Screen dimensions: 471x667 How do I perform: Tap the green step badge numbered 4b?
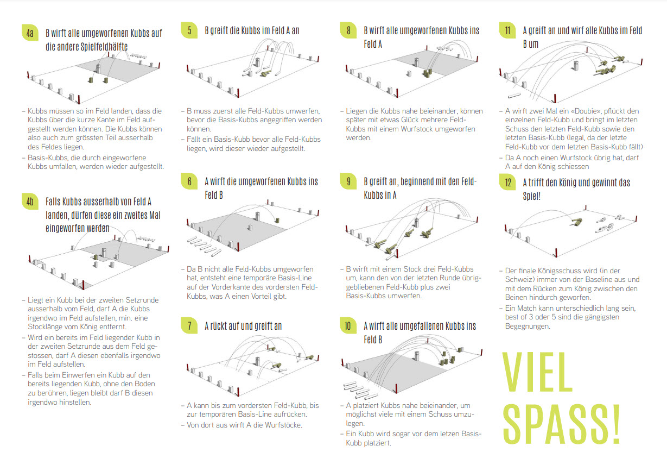[x=30, y=202]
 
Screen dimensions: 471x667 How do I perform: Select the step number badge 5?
[x=189, y=30]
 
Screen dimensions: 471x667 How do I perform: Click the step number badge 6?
[x=189, y=181]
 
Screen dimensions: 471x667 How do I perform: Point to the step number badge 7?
[x=189, y=326]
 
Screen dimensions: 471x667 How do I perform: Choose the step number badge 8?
[x=349, y=30]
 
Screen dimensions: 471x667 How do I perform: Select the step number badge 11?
[x=508, y=30]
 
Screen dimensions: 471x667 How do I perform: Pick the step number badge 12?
[x=508, y=183]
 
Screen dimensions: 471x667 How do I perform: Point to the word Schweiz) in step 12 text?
[x=520, y=280]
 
